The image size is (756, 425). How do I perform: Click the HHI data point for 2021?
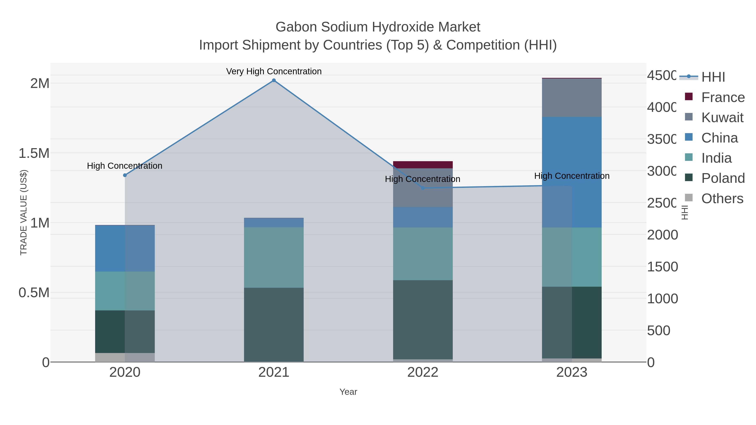click(274, 80)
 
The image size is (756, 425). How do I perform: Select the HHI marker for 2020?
click(125, 175)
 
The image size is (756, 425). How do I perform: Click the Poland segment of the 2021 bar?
click(274, 324)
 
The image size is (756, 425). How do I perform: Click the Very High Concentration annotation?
click(274, 71)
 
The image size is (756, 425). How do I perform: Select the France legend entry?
click(723, 97)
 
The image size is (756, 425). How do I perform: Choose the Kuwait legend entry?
click(722, 118)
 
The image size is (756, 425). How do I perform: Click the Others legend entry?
click(722, 199)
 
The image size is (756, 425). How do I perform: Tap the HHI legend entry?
click(713, 77)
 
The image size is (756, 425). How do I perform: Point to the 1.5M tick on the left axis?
click(34, 153)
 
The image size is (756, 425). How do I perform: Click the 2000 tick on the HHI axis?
click(662, 235)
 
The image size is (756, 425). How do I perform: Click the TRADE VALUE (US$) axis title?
click(24, 212)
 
